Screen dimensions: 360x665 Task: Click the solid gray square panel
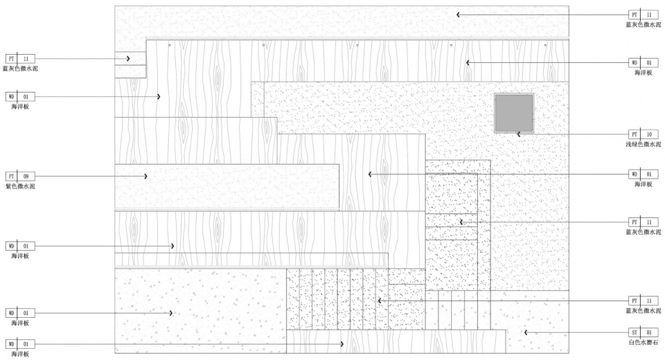point(514,113)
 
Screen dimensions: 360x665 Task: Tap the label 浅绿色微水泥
point(643,144)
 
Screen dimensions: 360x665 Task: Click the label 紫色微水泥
point(19,187)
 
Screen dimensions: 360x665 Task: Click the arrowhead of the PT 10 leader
point(518,134)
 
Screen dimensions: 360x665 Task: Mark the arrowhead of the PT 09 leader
point(146,177)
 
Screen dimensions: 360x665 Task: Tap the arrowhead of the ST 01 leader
point(526,333)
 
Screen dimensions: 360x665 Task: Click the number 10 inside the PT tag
point(649,134)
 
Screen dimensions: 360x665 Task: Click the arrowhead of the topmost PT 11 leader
point(458,15)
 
